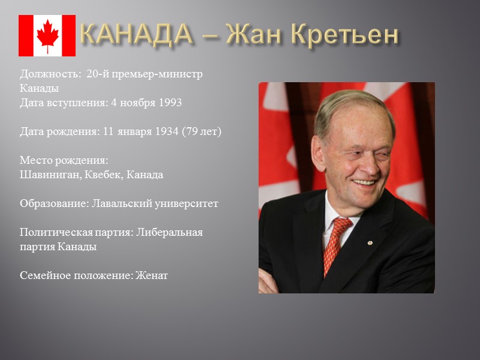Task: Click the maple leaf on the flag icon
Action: coord(47,35)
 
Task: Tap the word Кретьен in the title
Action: coord(344,35)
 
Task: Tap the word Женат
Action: coord(152,275)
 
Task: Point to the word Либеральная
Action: coord(170,232)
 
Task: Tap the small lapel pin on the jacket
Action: coord(370,242)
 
